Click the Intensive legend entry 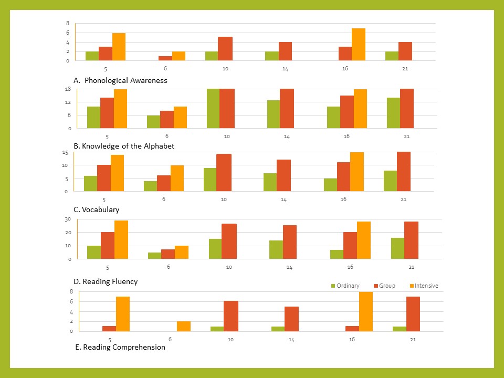tap(426, 286)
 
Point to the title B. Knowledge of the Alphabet tap(124, 146)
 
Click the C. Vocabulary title tap(96, 209)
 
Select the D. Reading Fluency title tap(106, 281)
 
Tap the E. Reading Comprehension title tap(120, 347)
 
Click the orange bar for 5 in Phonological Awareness tap(119, 47)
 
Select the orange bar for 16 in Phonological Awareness tap(359, 45)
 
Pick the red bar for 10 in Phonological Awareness tap(225, 49)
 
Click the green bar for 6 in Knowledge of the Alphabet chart tap(153, 122)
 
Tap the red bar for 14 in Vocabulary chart tap(284, 175)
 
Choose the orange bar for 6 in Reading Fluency tap(182, 253)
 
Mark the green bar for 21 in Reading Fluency tap(397, 248)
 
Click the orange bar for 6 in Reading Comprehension tap(184, 326)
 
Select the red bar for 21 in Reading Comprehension tap(413, 314)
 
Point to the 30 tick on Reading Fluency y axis tap(68, 219)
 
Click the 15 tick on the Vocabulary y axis tap(66, 152)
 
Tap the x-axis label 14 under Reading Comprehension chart tap(291, 340)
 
